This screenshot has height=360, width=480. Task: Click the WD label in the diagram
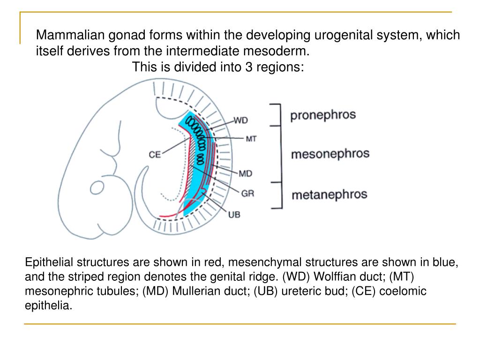coord(240,120)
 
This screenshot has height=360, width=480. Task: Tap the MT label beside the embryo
coord(251,139)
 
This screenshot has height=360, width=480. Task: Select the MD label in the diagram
coord(245,174)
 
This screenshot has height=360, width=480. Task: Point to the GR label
coord(247,193)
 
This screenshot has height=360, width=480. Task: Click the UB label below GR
coord(234,215)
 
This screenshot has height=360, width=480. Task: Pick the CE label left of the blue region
coord(155,154)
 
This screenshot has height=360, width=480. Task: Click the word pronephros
coord(323,115)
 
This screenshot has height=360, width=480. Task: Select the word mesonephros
coord(330,154)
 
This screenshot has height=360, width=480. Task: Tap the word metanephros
coord(330,194)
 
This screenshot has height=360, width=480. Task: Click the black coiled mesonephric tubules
coord(197,138)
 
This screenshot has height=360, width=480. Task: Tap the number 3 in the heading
coord(248,67)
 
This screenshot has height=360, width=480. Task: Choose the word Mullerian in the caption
coord(192,292)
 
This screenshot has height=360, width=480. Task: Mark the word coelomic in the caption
coord(404,292)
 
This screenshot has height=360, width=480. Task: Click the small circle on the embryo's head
coord(97,187)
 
